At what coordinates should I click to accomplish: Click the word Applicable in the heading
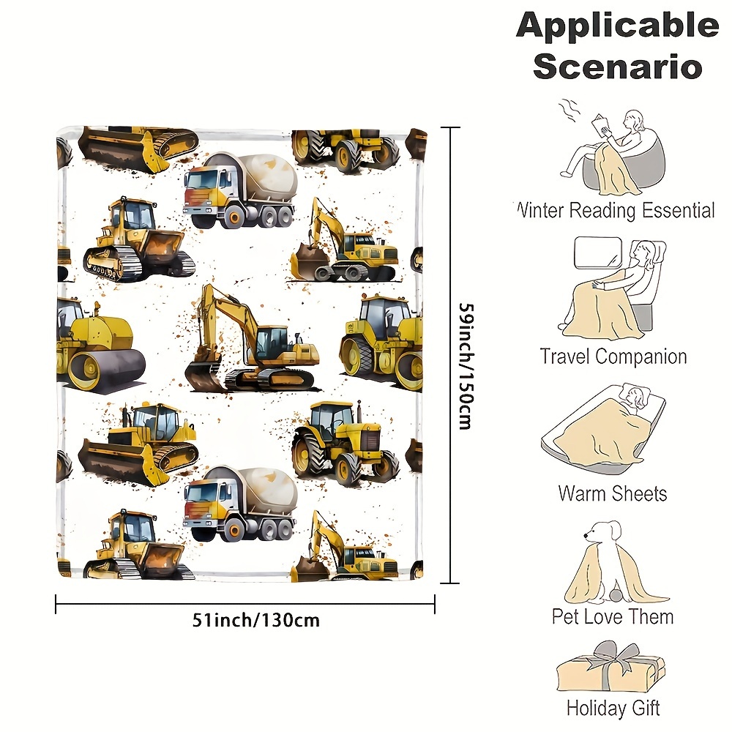point(617,26)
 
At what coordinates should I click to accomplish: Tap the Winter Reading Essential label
point(615,211)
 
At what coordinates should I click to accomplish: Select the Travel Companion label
point(613,357)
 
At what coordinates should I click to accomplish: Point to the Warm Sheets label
point(613,493)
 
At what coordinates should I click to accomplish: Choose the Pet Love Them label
point(613,616)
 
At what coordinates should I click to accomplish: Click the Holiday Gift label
point(613,709)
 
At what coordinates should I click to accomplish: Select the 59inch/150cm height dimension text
point(464,356)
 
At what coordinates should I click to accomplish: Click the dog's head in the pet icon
point(605,534)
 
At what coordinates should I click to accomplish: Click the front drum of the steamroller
point(110,365)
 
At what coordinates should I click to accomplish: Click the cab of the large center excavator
point(273,341)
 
